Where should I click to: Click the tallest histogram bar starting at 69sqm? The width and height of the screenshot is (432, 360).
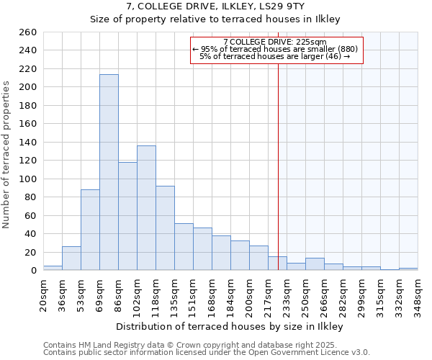(x=109, y=173)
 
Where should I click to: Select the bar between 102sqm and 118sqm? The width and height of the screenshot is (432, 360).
(x=146, y=208)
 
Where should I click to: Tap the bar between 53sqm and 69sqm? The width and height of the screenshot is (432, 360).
(x=90, y=230)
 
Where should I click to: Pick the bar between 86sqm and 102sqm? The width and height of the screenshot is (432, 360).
(x=127, y=216)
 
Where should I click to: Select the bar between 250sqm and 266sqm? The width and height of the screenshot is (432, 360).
(x=315, y=264)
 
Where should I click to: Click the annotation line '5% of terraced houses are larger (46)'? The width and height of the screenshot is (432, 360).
(x=275, y=56)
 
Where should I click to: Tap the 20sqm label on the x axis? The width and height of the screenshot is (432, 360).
(x=43, y=293)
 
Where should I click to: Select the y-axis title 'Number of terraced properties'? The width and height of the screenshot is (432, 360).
(x=6, y=155)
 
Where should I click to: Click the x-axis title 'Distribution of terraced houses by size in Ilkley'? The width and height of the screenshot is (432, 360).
(x=229, y=326)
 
